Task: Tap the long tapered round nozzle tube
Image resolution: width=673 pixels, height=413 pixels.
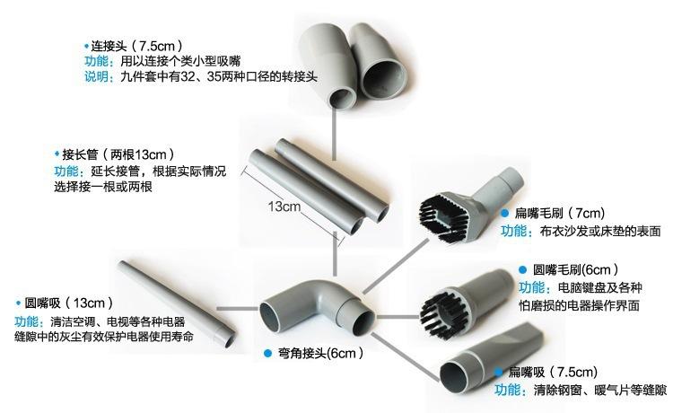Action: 175,302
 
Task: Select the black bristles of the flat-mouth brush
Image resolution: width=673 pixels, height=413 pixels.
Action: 445,206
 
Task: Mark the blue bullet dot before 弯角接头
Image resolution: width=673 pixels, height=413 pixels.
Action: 268,353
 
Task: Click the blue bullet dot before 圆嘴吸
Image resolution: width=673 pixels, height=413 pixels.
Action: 18,303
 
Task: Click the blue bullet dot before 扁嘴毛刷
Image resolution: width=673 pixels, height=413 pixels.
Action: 504,215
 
